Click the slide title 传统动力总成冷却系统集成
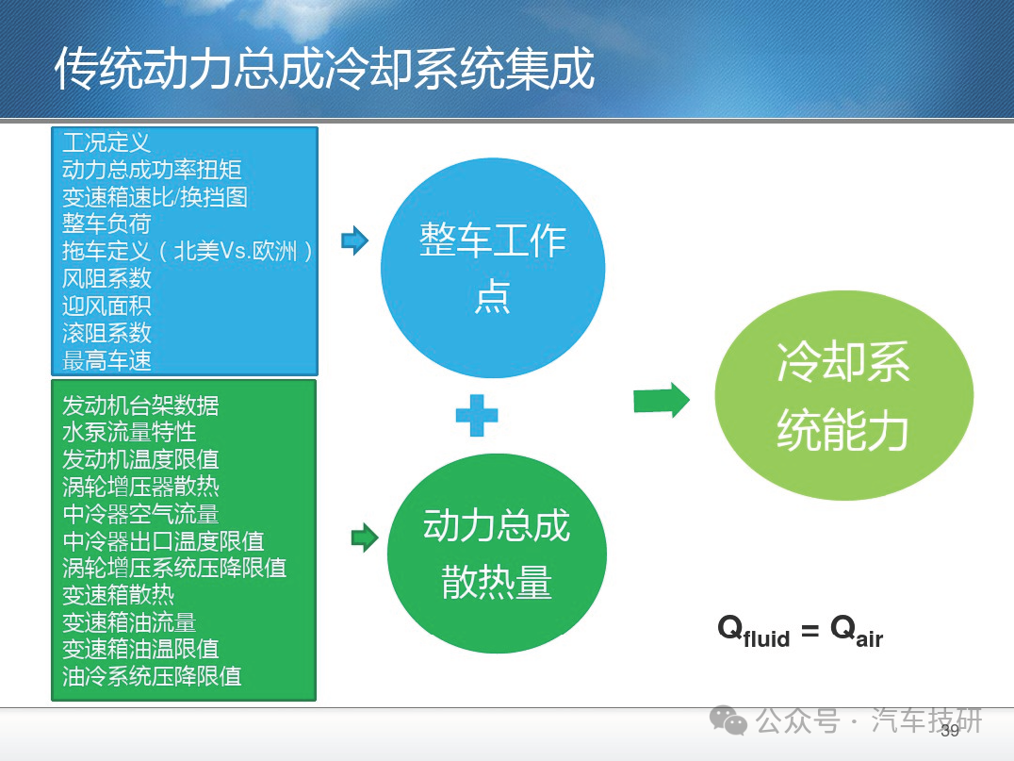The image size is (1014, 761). click(x=324, y=68)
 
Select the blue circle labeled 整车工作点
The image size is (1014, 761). click(x=493, y=268)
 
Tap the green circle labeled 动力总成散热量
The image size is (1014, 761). click(x=497, y=554)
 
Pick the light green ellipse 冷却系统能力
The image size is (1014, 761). click(x=844, y=395)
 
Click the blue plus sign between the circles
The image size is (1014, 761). click(x=477, y=416)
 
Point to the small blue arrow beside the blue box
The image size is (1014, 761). click(x=354, y=240)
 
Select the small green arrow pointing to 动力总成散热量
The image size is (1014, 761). click(x=365, y=538)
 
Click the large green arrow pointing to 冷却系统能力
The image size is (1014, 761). click(x=662, y=400)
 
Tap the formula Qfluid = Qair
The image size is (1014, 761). click(x=800, y=630)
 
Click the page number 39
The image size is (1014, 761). click(x=950, y=731)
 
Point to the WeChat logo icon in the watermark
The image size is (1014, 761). click(x=728, y=720)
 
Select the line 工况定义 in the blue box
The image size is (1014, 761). click(x=106, y=142)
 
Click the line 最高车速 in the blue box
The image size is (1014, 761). click(x=106, y=360)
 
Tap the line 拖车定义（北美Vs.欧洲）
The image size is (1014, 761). click(x=188, y=251)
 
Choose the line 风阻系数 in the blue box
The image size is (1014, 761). click(x=106, y=278)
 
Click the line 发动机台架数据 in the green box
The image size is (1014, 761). click(x=140, y=405)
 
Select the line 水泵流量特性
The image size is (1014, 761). click(x=129, y=432)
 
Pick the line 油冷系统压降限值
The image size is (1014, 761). click(x=152, y=676)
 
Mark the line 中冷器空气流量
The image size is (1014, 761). click(x=140, y=514)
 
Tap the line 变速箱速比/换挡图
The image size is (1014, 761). click(x=155, y=197)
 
